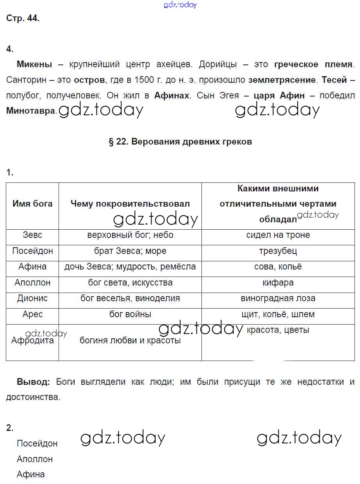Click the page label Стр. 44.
[x=23, y=18]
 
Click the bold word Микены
[x=34, y=64]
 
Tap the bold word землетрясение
[x=282, y=80]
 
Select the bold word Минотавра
[x=31, y=111]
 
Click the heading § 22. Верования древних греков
[x=180, y=142]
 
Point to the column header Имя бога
[x=32, y=204]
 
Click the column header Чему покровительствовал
[x=130, y=204]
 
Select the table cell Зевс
[x=32, y=235]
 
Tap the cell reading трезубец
[x=278, y=251]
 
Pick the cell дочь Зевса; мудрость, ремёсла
[x=130, y=267]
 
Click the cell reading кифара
[x=278, y=282]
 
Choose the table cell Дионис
[x=32, y=298]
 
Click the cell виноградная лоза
[x=278, y=298]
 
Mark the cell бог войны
[x=130, y=314]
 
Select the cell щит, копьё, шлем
[x=278, y=314]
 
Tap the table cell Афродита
[x=32, y=340]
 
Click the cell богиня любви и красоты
[x=130, y=340]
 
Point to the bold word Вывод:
[x=33, y=382]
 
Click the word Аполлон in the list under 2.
[x=35, y=459]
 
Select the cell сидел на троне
[x=278, y=235]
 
